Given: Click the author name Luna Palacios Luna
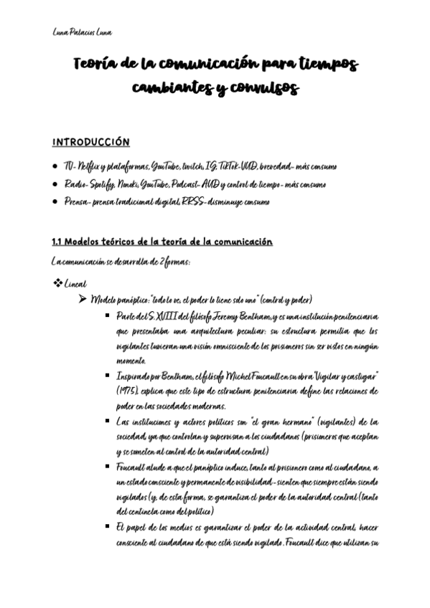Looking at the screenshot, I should pos(82,32).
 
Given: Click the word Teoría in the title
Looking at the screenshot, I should pos(95,65).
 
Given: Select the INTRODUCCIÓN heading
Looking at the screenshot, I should pos(91,142).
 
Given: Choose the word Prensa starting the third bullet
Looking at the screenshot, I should pos(75,202).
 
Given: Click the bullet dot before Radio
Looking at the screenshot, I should pos(55,184).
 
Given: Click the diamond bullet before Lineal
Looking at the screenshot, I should pos(57,284).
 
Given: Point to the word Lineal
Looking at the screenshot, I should pos(75,285).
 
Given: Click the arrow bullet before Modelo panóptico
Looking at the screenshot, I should pos(82,299).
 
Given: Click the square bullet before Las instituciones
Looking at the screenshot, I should pos(106,421).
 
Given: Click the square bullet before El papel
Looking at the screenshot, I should pos(106,527).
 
